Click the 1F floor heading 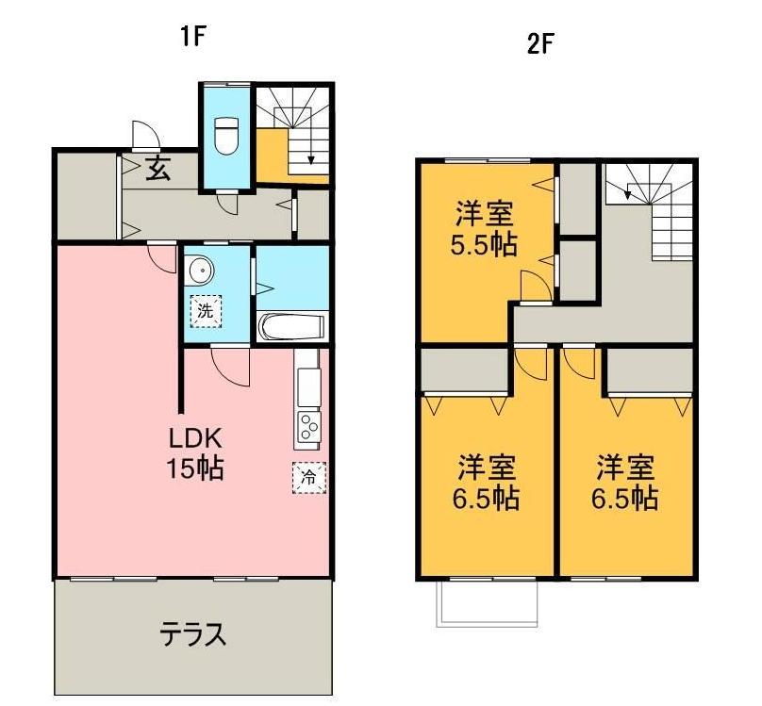tap(194, 38)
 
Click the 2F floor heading tap(538, 45)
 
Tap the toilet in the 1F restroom tap(226, 136)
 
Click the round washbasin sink tap(199, 271)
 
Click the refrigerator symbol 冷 tap(307, 477)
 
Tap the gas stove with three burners tap(309, 429)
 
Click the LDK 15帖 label tap(196, 452)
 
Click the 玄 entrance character tap(157, 171)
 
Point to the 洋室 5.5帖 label tap(487, 228)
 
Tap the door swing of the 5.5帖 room tap(533, 285)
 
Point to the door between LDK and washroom tap(229, 364)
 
